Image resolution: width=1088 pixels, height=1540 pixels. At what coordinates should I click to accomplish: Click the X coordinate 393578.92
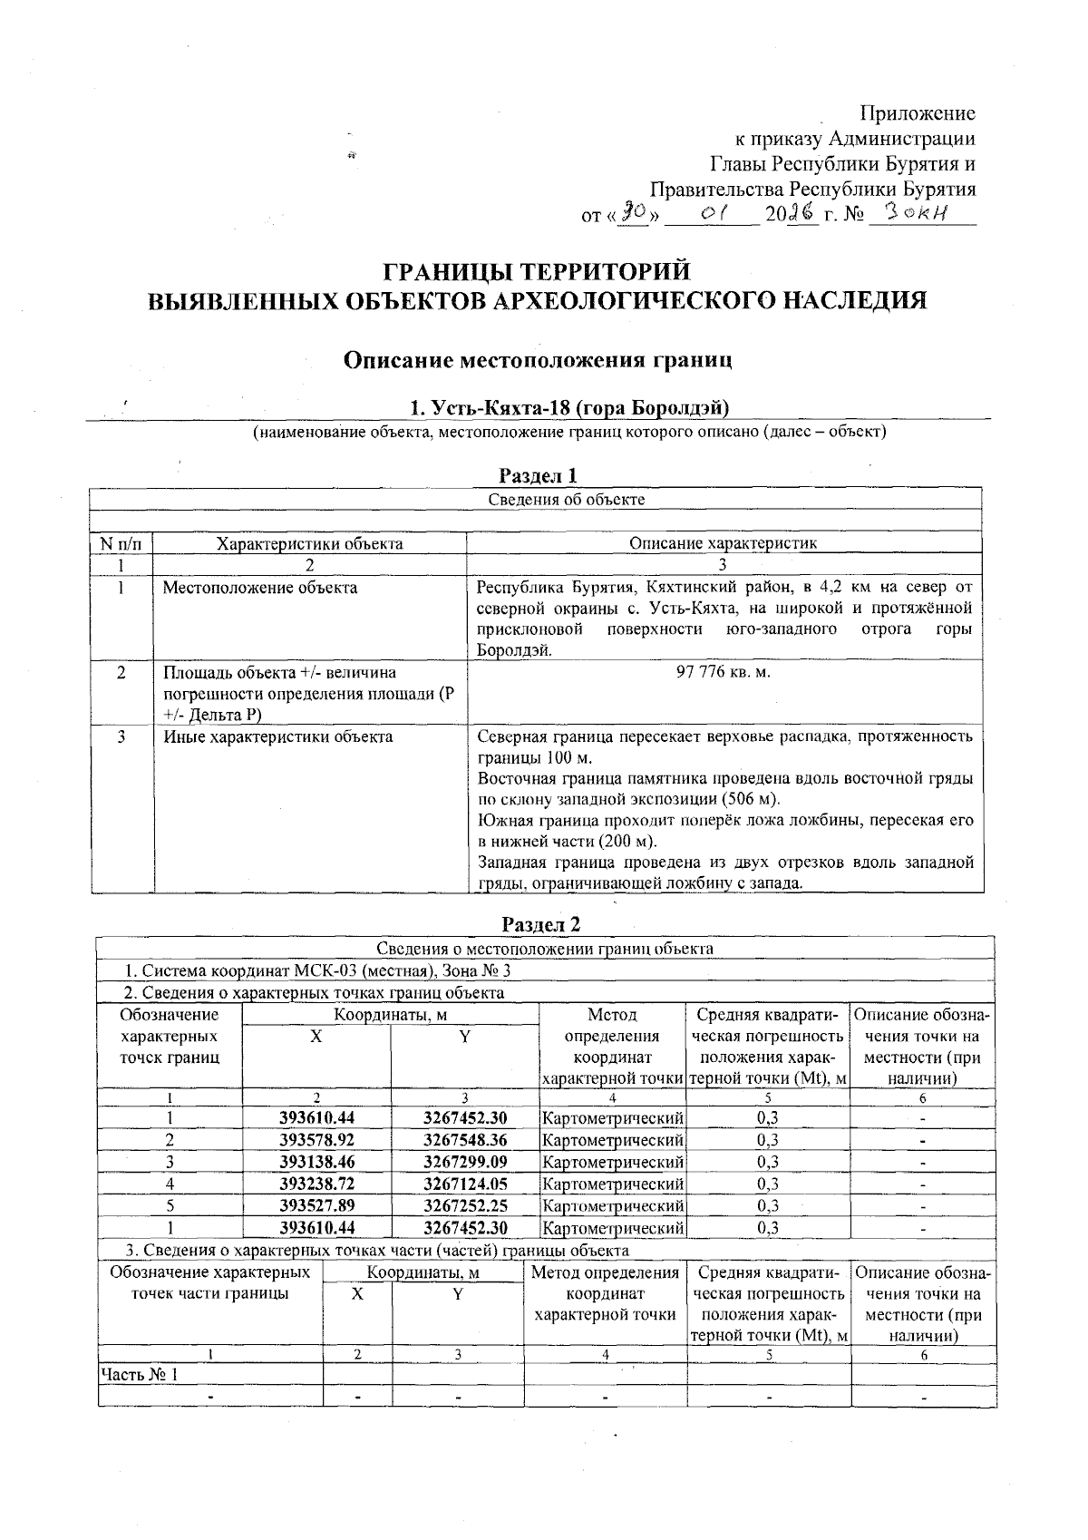tap(316, 1140)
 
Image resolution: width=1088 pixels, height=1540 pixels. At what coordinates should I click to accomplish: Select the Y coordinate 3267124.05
tap(465, 1184)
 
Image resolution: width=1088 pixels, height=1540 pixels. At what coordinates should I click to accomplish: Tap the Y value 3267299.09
tap(465, 1162)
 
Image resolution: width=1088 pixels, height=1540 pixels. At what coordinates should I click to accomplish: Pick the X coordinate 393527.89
tap(316, 1205)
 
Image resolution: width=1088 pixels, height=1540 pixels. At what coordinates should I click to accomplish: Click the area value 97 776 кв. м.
tap(724, 672)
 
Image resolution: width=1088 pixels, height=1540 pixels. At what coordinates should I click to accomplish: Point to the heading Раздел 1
tap(539, 475)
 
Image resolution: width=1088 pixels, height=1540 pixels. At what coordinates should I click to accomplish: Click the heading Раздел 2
tap(541, 924)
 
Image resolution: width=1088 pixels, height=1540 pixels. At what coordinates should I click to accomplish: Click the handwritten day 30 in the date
tap(632, 214)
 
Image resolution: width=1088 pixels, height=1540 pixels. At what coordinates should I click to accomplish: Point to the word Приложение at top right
tap(917, 113)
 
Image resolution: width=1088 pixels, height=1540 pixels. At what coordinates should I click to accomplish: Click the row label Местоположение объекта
tap(260, 588)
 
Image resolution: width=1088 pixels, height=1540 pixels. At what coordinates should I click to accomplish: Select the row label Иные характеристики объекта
tap(277, 736)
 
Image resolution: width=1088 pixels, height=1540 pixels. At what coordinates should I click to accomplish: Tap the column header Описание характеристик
tap(723, 543)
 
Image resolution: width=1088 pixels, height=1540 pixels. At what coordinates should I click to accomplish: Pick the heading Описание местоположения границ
tap(538, 360)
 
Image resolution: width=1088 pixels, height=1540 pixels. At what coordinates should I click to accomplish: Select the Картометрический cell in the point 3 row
tap(612, 1162)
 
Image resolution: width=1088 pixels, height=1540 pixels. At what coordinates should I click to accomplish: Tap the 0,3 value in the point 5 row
tap(767, 1205)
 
